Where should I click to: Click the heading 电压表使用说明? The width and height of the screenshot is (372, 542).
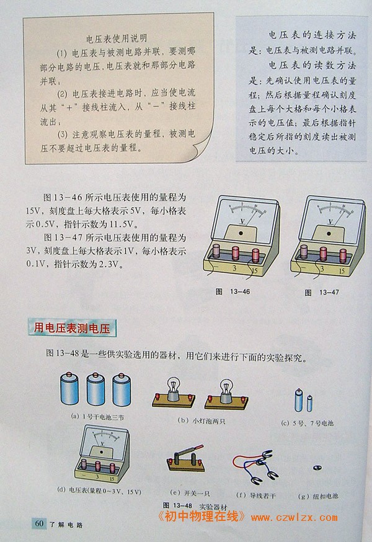[x=117, y=38]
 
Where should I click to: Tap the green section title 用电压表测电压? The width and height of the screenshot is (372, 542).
[x=72, y=328]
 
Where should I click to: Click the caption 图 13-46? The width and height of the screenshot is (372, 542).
[x=232, y=291]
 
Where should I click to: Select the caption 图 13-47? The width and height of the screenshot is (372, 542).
[x=322, y=293]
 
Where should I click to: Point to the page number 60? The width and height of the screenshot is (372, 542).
[x=39, y=523]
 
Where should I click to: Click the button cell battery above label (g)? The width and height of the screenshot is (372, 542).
[x=317, y=468]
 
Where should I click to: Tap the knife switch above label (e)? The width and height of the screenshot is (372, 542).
[x=186, y=459]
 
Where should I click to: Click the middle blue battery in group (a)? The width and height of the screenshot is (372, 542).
[x=95, y=389]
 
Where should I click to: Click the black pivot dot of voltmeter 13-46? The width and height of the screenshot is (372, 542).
[x=241, y=233]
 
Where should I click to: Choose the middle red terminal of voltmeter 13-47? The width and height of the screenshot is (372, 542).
[x=323, y=254]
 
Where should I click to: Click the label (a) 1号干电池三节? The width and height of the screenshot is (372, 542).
[x=97, y=417]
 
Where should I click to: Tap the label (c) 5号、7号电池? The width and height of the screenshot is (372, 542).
[x=308, y=423]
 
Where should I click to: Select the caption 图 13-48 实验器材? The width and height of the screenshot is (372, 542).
[x=195, y=506]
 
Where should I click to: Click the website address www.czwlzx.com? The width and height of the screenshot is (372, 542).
[x=294, y=517]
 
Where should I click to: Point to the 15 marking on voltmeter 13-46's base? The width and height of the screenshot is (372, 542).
[x=255, y=271]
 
